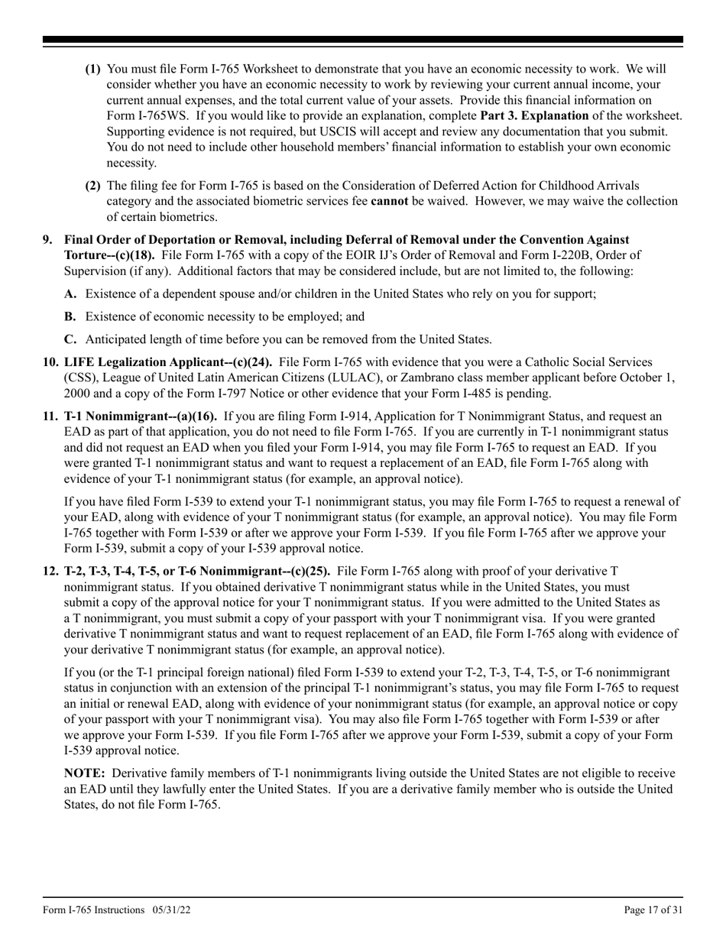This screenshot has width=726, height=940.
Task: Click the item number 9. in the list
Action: coord(47,240)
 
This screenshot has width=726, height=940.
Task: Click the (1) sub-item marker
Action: coord(92,70)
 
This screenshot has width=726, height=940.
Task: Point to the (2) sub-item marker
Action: coord(92,186)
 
